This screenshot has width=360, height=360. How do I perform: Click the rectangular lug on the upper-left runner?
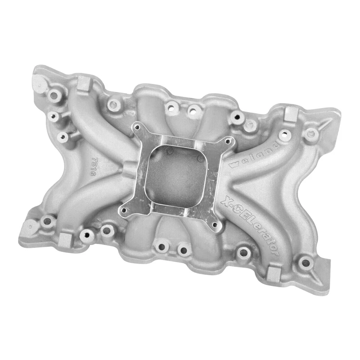tap(83, 82)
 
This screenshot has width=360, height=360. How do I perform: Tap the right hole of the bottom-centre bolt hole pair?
tap(183, 249)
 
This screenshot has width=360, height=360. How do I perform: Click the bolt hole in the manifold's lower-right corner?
tap(306, 262)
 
